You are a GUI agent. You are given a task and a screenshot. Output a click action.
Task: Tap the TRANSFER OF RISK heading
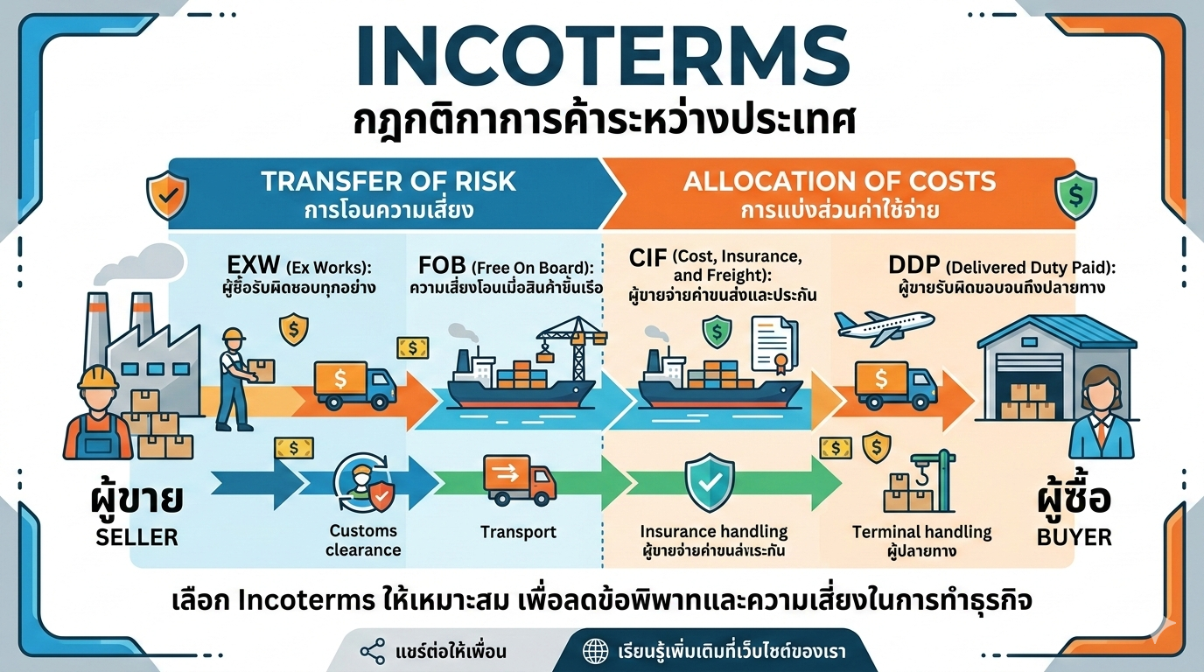388,181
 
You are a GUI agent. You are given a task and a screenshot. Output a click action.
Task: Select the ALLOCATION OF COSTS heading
839,181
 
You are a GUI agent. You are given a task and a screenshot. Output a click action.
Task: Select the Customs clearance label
363,540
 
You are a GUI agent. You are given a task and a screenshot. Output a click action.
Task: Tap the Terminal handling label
921,531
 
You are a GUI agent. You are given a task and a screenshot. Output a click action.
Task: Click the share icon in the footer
373,651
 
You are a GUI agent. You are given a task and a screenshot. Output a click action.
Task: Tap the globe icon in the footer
596,651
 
